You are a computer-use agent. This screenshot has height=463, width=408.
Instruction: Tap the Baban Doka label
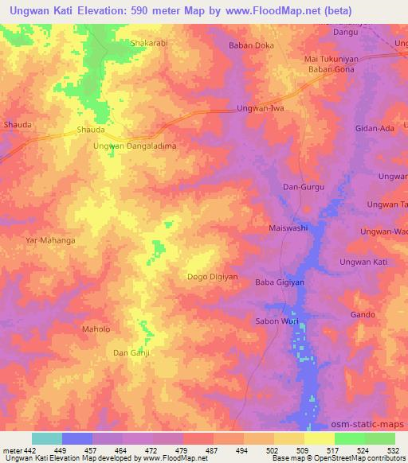tap(251, 45)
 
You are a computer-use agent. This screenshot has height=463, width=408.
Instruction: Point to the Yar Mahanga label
tap(50, 239)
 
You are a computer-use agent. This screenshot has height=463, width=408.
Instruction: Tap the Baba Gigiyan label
tap(276, 283)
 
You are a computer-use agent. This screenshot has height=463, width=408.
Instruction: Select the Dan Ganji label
tap(131, 352)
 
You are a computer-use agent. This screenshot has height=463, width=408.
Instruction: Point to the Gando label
tap(363, 314)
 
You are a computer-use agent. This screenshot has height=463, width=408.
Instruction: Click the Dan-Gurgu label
tap(301, 187)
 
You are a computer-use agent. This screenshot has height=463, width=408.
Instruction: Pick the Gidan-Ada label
tap(375, 128)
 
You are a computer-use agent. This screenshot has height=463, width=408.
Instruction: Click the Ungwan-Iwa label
tap(261, 108)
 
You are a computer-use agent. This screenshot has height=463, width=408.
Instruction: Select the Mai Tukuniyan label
tap(335, 59)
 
